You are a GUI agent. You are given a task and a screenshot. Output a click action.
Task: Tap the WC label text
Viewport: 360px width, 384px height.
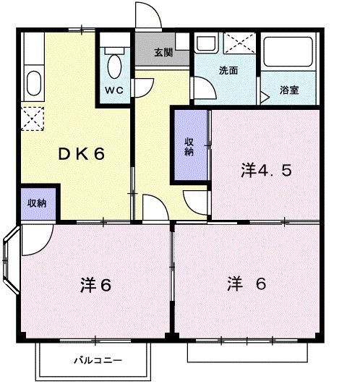113,91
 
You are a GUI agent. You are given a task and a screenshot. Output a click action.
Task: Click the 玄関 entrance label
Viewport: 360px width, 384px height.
163,53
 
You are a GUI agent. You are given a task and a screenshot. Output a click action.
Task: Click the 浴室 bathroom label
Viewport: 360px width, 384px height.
293,91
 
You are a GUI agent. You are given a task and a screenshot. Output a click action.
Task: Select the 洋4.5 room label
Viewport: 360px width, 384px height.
266,171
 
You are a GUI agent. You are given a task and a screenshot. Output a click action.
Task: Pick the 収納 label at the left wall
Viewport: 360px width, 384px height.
38,203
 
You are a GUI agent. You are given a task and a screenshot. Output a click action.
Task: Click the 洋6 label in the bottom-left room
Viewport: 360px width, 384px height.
95,285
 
